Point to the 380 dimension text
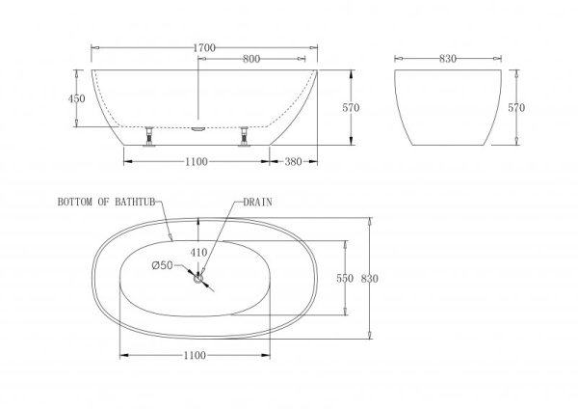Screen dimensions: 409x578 (295, 162)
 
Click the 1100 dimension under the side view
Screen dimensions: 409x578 (196, 162)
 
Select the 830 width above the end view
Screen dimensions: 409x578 (447, 59)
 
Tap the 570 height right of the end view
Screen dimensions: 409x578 (515, 108)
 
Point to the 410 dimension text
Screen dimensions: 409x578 (198, 252)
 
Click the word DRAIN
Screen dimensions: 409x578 (257, 203)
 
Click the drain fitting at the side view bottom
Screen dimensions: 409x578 (197, 124)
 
